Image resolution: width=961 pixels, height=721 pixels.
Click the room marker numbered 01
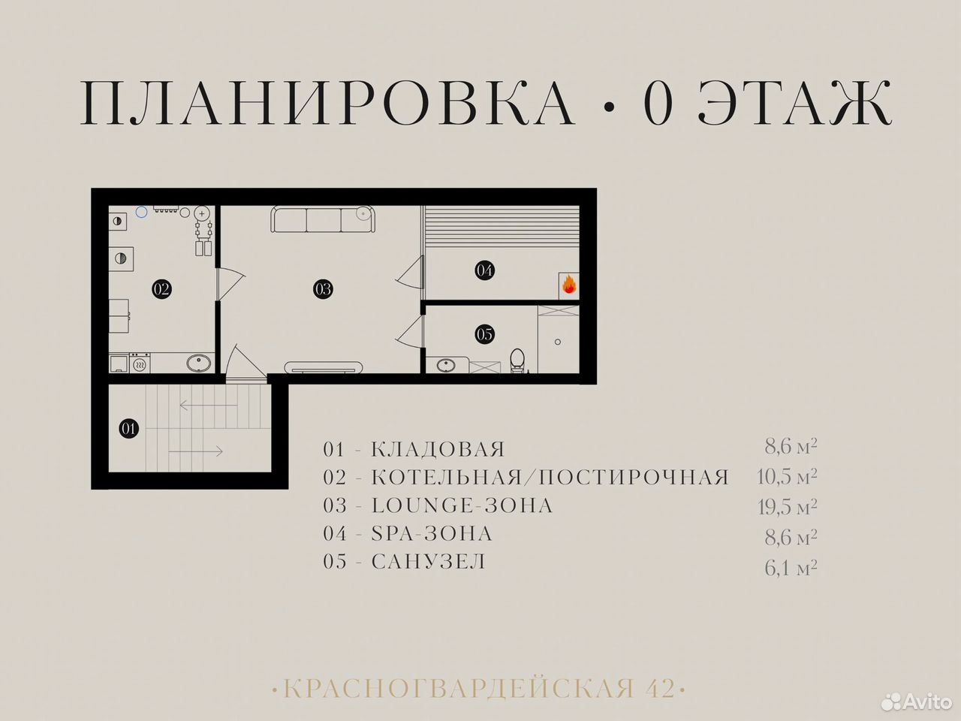click(x=128, y=428)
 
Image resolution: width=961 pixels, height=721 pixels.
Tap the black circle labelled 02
click(x=161, y=289)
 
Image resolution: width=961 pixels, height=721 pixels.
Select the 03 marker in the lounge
click(x=323, y=289)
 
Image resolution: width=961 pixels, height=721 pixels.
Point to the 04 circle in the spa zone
click(x=485, y=270)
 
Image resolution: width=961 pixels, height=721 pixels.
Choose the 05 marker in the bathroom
click(x=485, y=334)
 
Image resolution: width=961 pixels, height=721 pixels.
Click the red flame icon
click(x=569, y=284)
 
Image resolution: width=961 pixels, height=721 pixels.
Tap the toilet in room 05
click(x=517, y=360)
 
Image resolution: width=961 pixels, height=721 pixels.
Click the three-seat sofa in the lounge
click(x=323, y=219)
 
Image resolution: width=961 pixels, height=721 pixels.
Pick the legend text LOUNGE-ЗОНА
click(x=462, y=505)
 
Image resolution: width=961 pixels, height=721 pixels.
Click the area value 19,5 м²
click(x=787, y=507)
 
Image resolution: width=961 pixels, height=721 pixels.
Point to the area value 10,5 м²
click(x=787, y=477)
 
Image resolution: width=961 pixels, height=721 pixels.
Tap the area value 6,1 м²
click(x=791, y=569)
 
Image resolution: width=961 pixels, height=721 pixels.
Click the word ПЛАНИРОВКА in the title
click(x=327, y=104)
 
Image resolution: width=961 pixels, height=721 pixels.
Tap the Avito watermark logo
click(x=917, y=702)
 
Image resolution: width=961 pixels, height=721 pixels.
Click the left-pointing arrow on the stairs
click(x=209, y=406)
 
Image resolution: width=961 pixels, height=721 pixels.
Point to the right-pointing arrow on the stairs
click(x=196, y=451)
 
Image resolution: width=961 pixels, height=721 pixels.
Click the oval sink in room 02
click(x=199, y=364)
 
